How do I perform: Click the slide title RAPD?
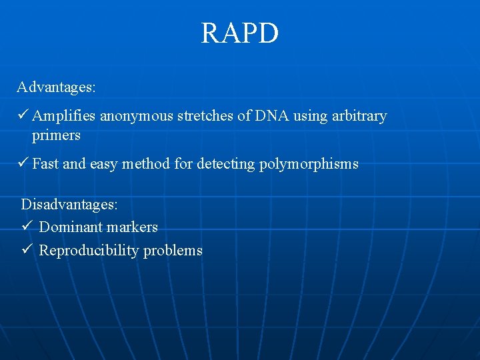click(240, 33)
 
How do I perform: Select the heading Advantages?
click(57, 87)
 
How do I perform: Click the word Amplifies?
click(64, 116)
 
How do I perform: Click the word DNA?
click(271, 116)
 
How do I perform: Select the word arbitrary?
click(359, 116)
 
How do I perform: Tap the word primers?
click(56, 135)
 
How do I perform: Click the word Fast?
click(45, 164)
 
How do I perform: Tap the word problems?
click(173, 251)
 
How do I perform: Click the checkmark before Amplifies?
click(23, 115)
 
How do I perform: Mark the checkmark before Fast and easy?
click(23, 163)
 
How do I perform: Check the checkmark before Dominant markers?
click(27, 227)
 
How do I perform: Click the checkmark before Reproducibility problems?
click(27, 250)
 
